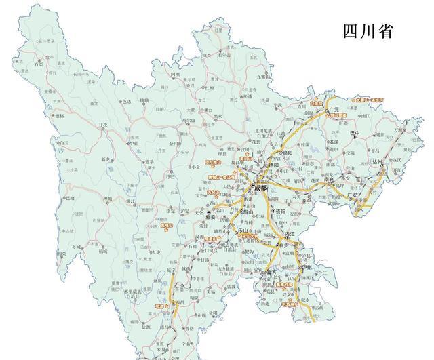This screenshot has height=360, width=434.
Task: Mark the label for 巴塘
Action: [x=68, y=198]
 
